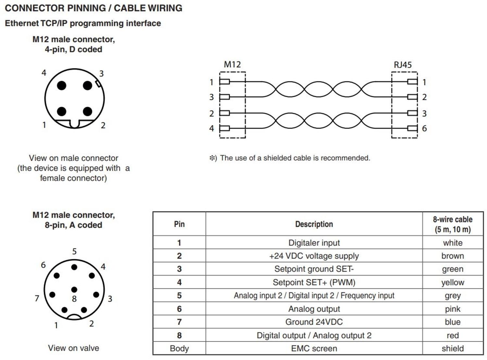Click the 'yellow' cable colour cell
click(x=452, y=282)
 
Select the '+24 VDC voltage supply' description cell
click(x=314, y=256)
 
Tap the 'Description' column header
click(x=314, y=224)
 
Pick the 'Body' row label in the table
click(x=179, y=348)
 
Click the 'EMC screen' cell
click(x=314, y=348)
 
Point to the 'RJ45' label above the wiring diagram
click(x=403, y=65)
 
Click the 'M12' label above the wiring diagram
click(x=232, y=64)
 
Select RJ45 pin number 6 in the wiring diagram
click(x=424, y=128)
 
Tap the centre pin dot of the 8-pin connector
click(x=74, y=289)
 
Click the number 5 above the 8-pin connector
click(x=74, y=251)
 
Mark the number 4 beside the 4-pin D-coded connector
click(x=44, y=73)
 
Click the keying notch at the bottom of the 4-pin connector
click(x=74, y=124)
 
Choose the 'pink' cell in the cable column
click(x=452, y=309)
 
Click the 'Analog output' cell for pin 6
click(x=314, y=309)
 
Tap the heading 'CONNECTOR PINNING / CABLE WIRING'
click(x=94, y=8)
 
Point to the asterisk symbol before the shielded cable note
click(x=213, y=158)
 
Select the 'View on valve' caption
click(x=73, y=348)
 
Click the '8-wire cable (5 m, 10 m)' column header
click(x=452, y=224)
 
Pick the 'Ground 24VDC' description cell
click(x=314, y=322)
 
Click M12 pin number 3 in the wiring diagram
click(x=211, y=97)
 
